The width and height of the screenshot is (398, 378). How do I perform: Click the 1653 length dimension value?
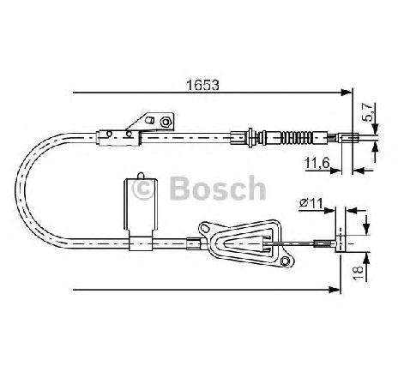pos(202,85)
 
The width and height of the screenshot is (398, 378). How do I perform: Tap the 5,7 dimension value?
pos(368,112)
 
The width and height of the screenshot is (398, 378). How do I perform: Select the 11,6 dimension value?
pos(317,163)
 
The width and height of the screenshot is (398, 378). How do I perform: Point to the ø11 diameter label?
pos(311,203)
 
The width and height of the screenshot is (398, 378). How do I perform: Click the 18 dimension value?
pos(359,273)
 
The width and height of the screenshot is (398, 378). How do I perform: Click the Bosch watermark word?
pos(218,188)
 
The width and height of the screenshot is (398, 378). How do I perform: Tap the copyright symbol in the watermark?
pos(142,189)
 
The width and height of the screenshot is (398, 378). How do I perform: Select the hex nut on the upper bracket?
pos(165,122)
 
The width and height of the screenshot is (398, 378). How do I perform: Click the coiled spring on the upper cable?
pos(297,138)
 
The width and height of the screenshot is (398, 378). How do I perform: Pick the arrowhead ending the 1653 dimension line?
pos(346,93)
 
